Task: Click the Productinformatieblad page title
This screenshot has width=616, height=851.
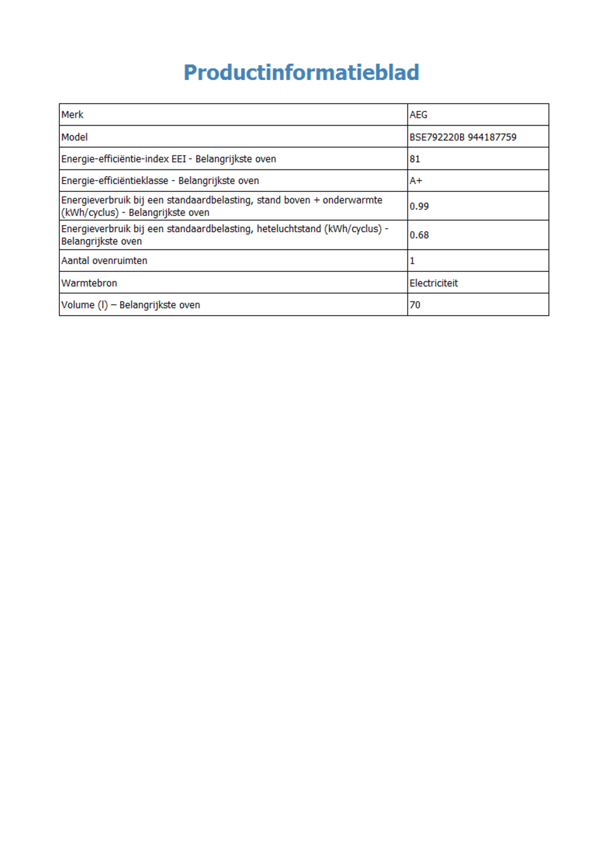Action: (x=301, y=72)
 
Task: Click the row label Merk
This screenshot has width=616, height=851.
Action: (x=72, y=115)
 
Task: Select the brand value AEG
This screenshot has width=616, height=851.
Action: (x=418, y=115)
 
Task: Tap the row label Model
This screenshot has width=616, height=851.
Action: (x=74, y=137)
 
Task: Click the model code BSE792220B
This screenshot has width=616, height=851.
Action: (x=437, y=137)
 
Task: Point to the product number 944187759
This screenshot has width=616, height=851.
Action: (x=492, y=137)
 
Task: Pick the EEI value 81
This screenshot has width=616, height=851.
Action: (x=415, y=159)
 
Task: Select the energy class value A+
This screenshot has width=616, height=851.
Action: (x=416, y=181)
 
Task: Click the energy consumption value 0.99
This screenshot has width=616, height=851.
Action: (x=419, y=206)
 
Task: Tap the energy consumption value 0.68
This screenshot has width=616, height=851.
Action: (x=419, y=235)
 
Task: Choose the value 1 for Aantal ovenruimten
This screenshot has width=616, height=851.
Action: (x=412, y=261)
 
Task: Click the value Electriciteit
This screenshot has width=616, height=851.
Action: (x=433, y=283)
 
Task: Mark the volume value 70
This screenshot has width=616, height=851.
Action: (x=415, y=305)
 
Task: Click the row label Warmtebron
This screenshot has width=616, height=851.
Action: (x=89, y=283)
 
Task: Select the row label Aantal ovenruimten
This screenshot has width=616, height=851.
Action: (x=104, y=261)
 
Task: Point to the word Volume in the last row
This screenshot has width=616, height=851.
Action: (x=77, y=305)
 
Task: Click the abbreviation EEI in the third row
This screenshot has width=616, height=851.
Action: (x=178, y=159)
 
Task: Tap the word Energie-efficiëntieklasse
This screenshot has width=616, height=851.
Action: (x=114, y=181)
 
